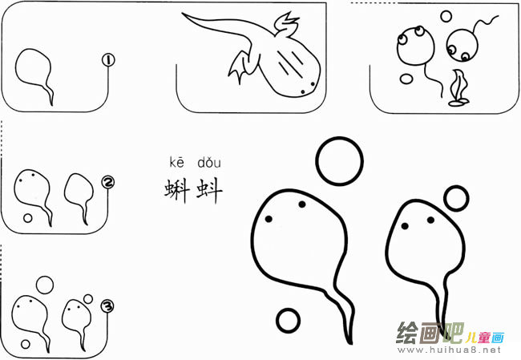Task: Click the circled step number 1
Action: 108,59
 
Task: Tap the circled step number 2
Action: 108,183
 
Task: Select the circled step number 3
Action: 107,304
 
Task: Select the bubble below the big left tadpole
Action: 288,319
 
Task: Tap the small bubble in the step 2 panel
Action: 28,217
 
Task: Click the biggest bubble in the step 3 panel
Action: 45,285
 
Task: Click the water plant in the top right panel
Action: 459,88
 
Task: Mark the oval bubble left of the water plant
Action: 407,79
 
